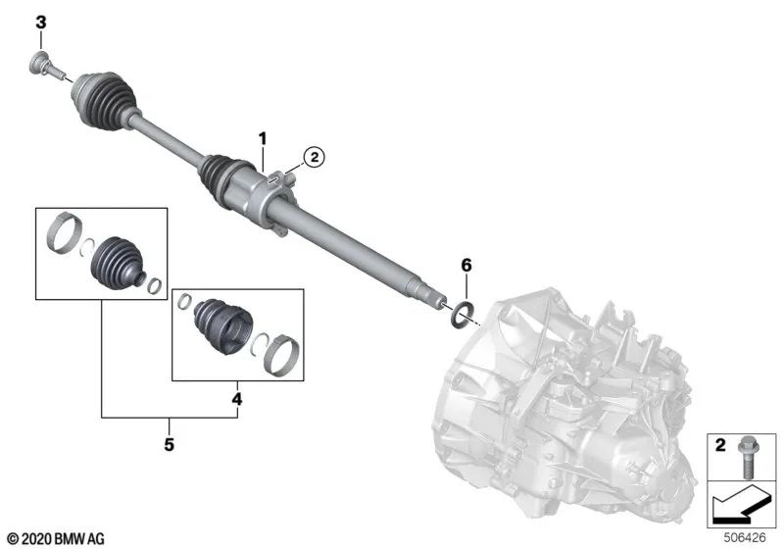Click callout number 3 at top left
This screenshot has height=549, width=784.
(x=41, y=22)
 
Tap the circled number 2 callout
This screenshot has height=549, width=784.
(x=313, y=156)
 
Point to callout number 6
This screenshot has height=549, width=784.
(x=466, y=266)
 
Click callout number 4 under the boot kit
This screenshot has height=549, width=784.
(x=235, y=399)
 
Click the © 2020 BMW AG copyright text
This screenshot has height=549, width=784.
(x=55, y=538)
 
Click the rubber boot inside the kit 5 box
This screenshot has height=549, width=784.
(x=117, y=260)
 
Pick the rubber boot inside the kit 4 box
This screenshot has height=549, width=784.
(x=219, y=324)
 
